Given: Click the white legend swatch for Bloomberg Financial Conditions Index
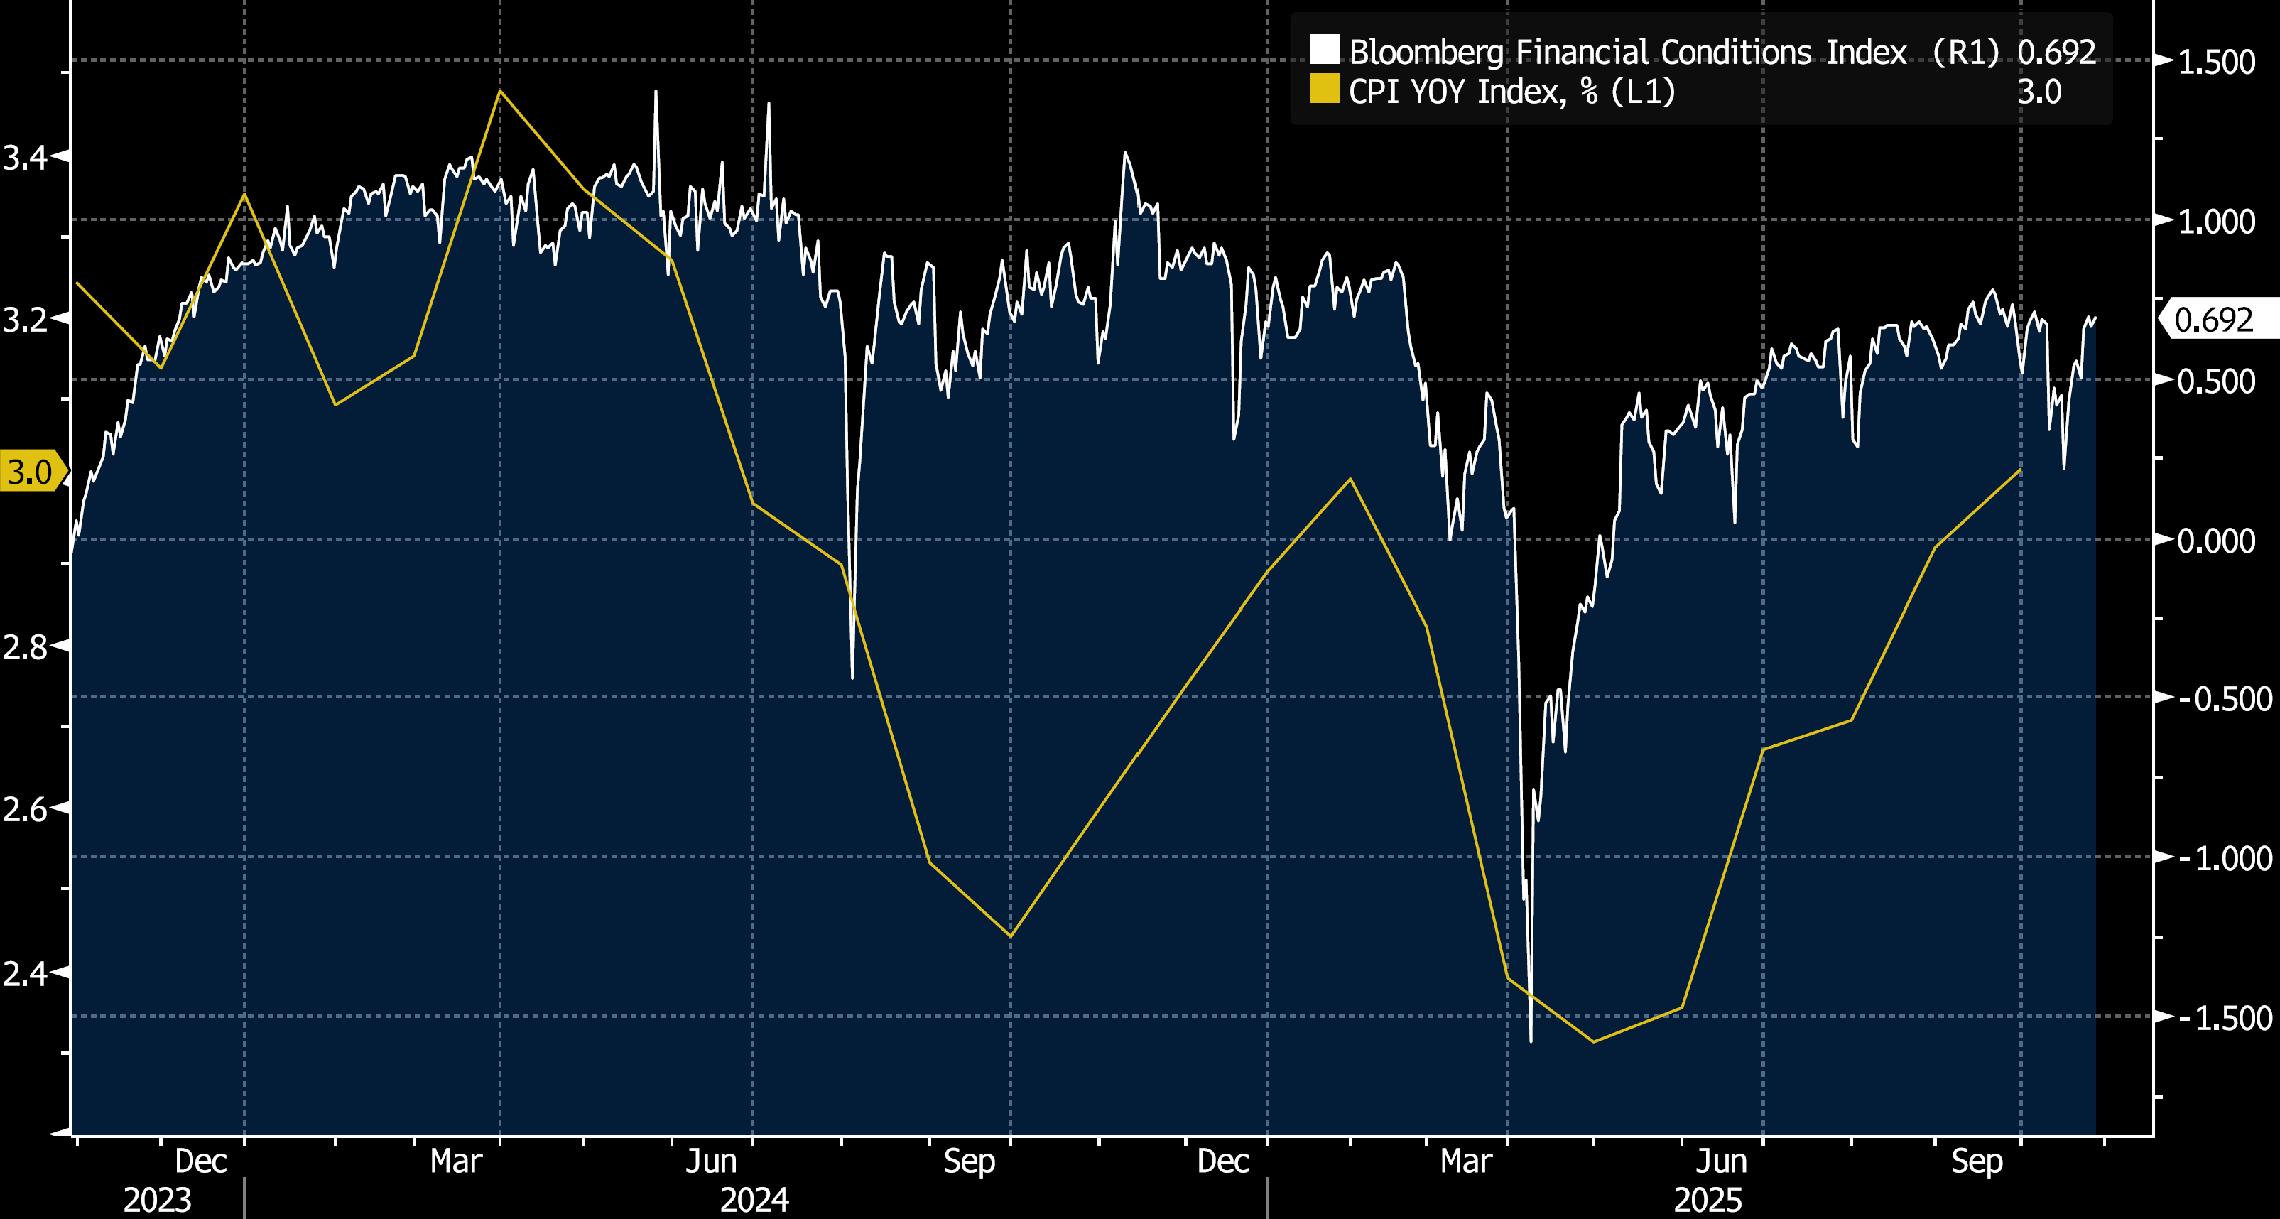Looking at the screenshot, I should [1324, 50].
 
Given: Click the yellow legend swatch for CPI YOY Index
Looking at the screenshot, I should [1324, 90].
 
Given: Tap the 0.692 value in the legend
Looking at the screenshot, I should [2056, 53].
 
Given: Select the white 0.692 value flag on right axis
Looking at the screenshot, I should [2215, 320].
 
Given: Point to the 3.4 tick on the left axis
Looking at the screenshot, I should [25, 158].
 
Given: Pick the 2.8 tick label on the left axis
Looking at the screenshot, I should [25, 647].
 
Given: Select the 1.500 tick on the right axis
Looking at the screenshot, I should [2215, 62].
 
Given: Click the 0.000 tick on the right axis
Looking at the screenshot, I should [2215, 540].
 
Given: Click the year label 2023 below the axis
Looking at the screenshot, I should [157, 1200].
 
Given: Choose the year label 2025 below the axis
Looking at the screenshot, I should [1708, 1200].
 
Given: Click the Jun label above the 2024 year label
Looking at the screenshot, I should [711, 1161].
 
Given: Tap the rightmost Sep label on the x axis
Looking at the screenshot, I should [1977, 1161].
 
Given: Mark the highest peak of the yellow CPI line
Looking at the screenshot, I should [500, 91].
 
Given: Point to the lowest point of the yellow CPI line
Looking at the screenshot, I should [1594, 1041].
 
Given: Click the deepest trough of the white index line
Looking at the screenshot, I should [1531, 1039].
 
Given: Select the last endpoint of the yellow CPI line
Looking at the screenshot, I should [2021, 469].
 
